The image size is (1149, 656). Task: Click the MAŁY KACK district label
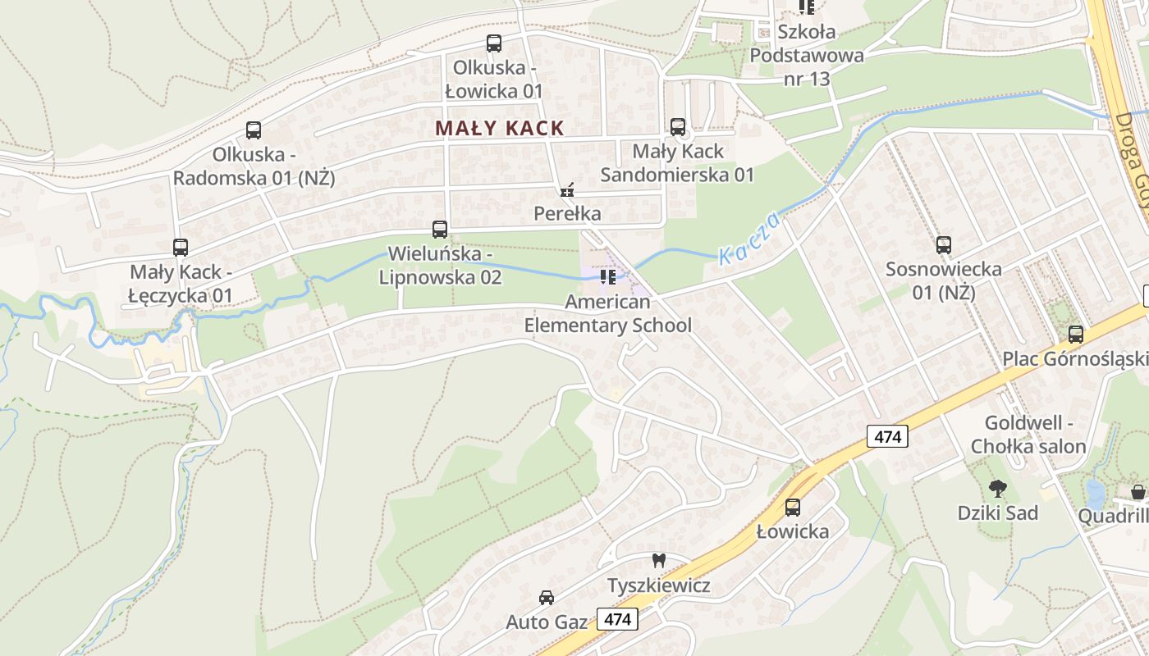[x=500, y=128]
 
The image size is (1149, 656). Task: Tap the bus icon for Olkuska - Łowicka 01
[x=494, y=43]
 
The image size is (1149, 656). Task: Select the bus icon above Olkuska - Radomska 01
[x=254, y=130]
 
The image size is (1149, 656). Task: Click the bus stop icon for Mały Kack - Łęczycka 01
[x=181, y=247]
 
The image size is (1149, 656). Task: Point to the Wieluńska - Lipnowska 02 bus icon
[x=440, y=229]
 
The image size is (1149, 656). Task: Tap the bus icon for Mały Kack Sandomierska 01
[x=678, y=127]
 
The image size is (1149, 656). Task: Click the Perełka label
[x=567, y=213]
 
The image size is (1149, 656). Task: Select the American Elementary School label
[x=608, y=313]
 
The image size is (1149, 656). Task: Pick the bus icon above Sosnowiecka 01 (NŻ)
[x=944, y=244]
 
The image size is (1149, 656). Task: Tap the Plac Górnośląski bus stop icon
[x=1076, y=335]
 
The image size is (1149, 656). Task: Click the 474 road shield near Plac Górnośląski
[x=887, y=437]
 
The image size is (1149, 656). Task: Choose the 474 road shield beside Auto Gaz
[x=616, y=618]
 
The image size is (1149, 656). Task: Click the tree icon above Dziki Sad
[x=998, y=490]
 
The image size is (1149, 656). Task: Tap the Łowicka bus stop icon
[x=793, y=508]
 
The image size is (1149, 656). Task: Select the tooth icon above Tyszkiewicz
[x=658, y=562]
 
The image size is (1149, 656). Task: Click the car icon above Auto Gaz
[x=547, y=598]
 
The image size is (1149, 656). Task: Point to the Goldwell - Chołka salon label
[x=1028, y=435]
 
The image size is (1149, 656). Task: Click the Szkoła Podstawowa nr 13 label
[x=807, y=55]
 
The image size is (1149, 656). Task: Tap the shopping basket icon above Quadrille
[x=1138, y=492]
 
